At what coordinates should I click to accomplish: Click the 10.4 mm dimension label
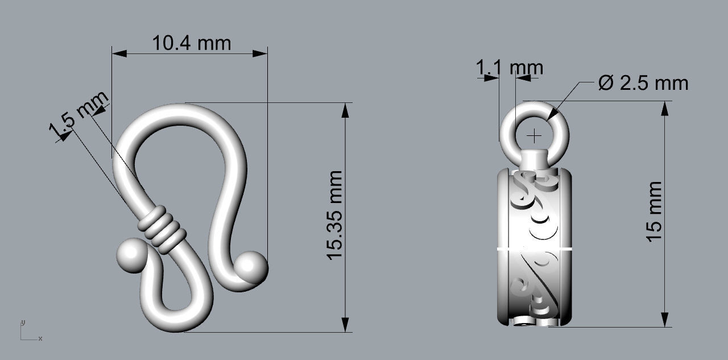point(192,43)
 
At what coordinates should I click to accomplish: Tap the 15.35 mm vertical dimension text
point(335,215)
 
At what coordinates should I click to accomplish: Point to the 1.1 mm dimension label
point(510,68)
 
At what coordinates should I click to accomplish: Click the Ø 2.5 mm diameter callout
point(643,83)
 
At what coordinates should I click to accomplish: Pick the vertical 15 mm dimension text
point(655,212)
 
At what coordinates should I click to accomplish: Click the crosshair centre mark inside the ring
point(535,136)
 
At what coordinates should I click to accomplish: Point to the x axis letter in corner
point(40,338)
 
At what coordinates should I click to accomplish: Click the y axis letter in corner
point(23,322)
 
